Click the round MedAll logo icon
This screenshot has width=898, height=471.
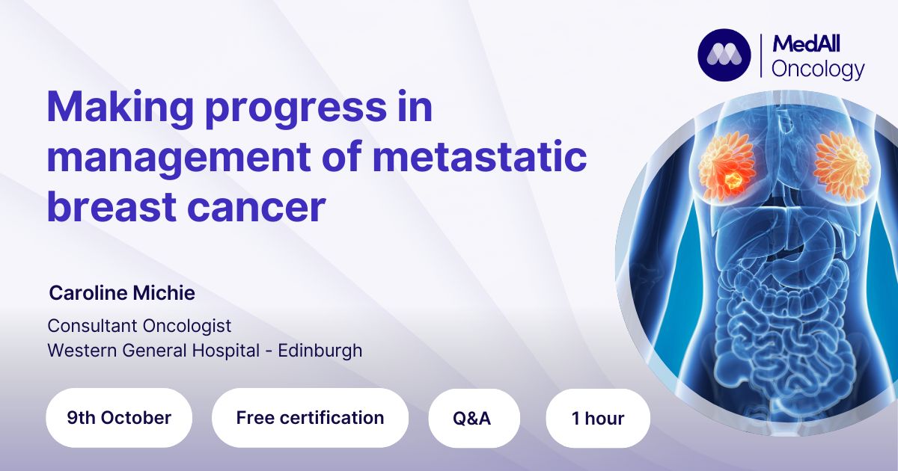coord(724,55)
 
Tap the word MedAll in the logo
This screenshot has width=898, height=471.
coord(806,44)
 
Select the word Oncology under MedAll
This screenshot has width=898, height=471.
coord(818,70)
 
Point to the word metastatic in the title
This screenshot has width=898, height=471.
coord(480,156)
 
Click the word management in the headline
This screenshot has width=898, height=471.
coord(179,158)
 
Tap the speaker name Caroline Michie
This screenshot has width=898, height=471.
coord(122,293)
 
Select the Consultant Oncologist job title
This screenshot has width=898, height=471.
coord(139,326)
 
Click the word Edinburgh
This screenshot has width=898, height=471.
coord(320,351)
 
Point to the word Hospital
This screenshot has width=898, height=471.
coord(226,351)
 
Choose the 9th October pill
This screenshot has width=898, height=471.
coord(119,418)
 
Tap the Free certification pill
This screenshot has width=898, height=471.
coord(310,418)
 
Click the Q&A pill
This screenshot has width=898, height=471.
coord(474,418)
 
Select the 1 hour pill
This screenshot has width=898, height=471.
coord(598,418)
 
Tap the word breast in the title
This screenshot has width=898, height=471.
coord(112,206)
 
